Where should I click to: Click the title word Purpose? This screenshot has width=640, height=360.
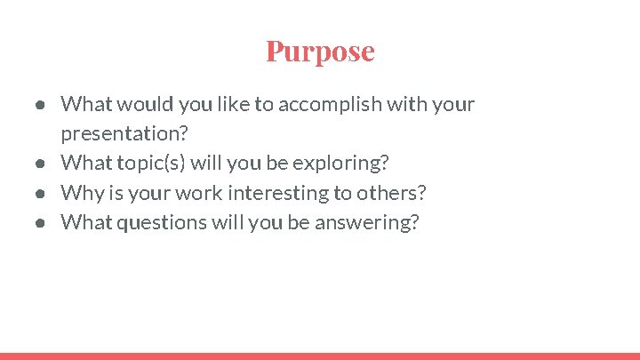(320, 51)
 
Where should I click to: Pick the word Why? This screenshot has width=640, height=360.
(78, 193)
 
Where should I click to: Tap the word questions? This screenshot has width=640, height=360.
(156, 222)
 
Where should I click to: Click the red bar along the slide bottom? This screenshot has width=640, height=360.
(320, 356)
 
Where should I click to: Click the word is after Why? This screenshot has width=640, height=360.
(110, 193)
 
